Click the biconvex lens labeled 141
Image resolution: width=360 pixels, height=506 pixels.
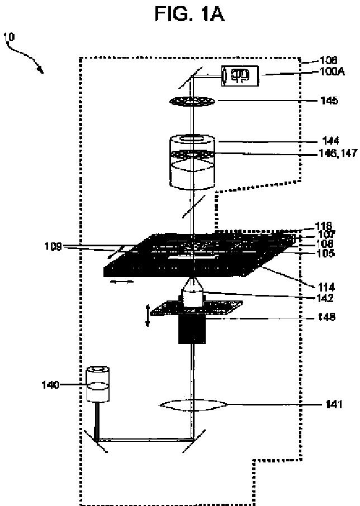pyautogui.click(x=193, y=405)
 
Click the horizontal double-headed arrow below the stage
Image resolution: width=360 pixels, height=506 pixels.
pyautogui.click(x=122, y=283)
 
